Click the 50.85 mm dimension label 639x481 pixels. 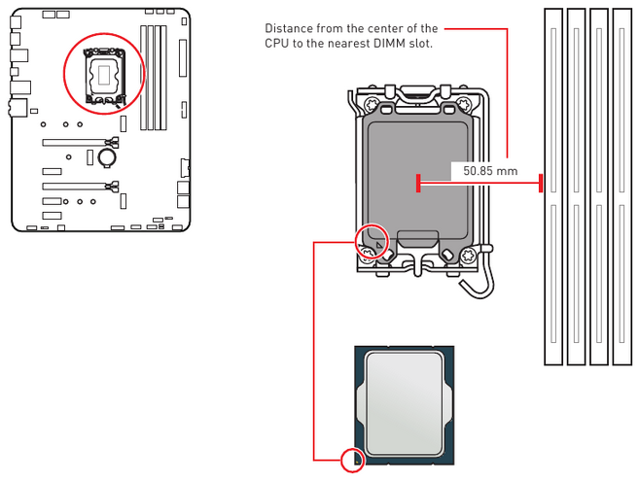tap(483, 171)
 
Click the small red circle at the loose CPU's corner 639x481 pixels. tap(353, 460)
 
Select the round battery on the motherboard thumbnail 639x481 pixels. tap(109, 155)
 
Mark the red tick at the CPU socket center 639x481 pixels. tap(417, 184)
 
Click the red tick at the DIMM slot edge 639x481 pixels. tap(541, 184)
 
